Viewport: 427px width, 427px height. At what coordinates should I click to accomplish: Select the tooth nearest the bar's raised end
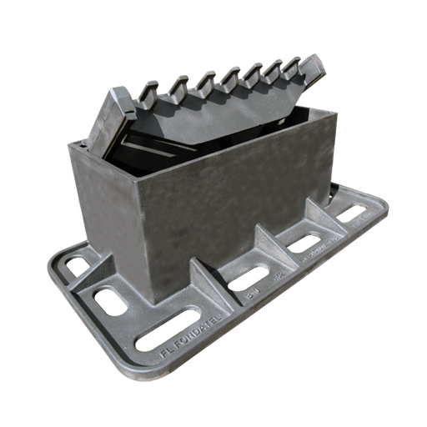point(292,63)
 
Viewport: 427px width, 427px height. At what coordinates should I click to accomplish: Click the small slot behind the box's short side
point(78,265)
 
